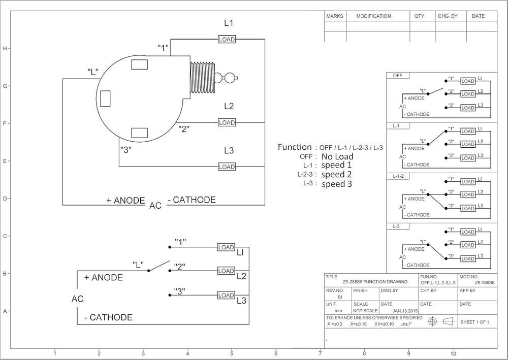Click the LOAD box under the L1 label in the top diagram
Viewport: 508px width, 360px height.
pos(227,39)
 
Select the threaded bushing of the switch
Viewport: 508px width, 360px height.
pos(202,78)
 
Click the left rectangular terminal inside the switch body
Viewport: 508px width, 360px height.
pos(105,99)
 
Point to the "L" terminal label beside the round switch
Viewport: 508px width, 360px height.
pos(92,72)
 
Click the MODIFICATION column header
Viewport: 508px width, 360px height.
pos(373,16)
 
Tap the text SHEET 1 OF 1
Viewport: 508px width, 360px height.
pos(474,322)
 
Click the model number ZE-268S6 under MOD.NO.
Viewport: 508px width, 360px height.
pos(485,283)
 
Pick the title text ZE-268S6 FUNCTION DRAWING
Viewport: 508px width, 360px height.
pos(375,282)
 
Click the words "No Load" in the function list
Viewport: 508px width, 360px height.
pos(337,157)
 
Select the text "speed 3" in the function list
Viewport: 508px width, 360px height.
pos(337,184)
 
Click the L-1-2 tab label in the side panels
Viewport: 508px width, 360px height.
pos(398,176)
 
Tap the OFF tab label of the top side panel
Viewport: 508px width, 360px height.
pos(398,76)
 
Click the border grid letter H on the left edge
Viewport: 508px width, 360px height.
pos(5,49)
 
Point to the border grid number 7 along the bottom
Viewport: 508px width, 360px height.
pos(320,353)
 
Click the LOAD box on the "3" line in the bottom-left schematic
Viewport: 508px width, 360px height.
pos(226,295)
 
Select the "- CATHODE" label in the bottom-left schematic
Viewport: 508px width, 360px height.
pos(109,317)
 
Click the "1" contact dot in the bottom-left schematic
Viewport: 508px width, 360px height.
pos(170,247)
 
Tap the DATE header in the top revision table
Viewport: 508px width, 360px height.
pos(478,16)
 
